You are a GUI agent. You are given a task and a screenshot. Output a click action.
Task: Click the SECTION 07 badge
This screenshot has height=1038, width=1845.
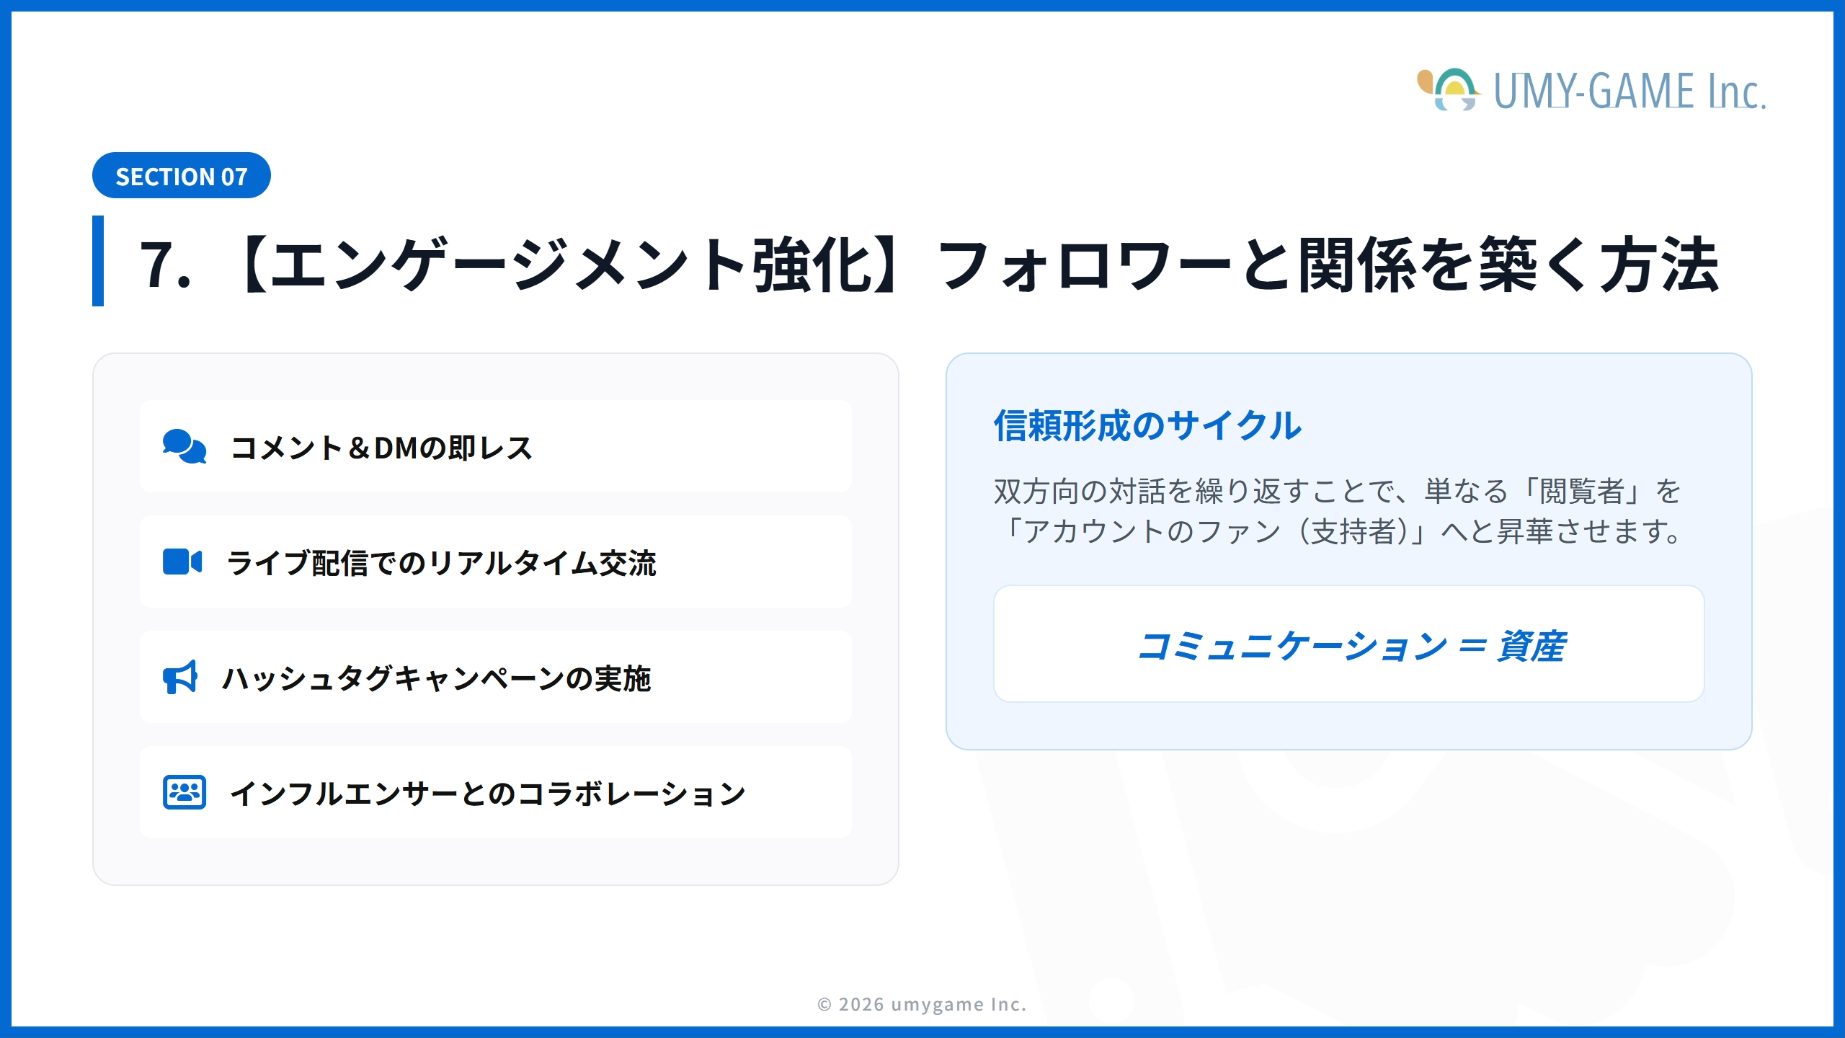181,176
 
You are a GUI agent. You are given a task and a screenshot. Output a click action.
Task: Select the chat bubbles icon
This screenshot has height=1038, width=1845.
184,447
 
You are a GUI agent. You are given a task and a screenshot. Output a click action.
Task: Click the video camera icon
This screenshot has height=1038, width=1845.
182,562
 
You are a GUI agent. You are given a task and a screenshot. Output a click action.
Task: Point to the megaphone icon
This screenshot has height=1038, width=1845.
180,678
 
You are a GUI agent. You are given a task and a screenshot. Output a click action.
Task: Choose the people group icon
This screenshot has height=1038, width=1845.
184,793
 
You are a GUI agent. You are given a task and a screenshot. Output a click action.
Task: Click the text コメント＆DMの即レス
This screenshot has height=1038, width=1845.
381,448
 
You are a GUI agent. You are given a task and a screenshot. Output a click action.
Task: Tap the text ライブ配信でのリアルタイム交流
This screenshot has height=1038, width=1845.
441,563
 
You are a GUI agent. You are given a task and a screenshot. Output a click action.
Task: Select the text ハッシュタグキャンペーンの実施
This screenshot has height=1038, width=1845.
437,678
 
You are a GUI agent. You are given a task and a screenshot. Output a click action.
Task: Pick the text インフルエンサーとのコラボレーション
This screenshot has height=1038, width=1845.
487,794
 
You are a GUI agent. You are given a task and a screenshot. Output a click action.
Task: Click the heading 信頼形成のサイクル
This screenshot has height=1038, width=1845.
1147,425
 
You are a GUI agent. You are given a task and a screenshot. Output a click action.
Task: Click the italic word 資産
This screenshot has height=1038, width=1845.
1531,646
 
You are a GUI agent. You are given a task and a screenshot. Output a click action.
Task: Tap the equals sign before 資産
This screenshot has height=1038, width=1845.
1472,644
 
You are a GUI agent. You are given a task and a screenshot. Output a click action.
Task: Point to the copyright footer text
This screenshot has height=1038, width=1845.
922,1004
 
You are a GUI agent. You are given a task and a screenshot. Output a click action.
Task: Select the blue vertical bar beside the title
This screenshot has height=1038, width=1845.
98,261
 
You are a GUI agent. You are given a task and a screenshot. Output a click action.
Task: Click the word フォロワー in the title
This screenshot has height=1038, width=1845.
1085,265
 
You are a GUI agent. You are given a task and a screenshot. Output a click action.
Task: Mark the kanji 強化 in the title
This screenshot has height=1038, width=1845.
813,265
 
